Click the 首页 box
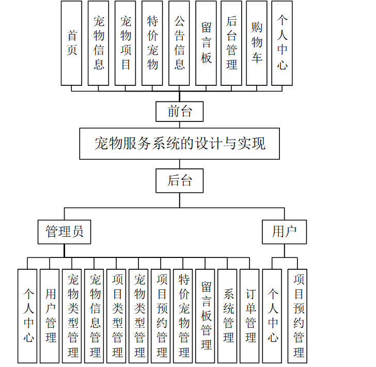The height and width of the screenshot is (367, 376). pos(71,43)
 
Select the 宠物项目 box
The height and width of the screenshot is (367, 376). pos(126,43)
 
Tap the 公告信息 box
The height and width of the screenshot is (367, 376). pos(179,43)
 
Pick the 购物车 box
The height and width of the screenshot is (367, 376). pos(257,43)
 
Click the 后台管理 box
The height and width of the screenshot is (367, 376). pos(231,43)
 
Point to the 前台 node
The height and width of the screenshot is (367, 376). pos(180,111)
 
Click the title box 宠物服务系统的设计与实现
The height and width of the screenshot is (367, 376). pos(180,143)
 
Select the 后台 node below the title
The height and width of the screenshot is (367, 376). pos(180,180)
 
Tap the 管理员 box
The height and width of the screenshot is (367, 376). pos(65,232)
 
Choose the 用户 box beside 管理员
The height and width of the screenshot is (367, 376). pos(284,232)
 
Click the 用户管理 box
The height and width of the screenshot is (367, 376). pos(50,315)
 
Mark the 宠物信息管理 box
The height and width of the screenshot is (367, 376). pos(95,315)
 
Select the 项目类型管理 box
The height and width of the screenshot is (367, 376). pos(117,315)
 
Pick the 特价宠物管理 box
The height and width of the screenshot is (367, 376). pos(184,315)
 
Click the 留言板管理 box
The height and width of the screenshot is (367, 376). pos(206,315)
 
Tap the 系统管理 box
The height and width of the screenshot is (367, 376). pos(228,315)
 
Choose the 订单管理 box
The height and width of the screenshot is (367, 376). pos(250,315)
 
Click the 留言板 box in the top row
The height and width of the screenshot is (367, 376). pos(206,43)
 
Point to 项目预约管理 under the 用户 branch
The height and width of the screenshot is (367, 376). pos(299,315)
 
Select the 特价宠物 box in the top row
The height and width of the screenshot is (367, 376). pos(152,43)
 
